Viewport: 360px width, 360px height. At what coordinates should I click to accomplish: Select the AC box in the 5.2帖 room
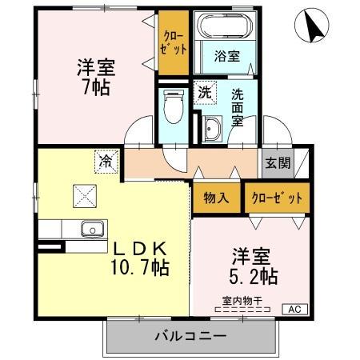(293, 309)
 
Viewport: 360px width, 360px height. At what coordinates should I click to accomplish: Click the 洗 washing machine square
(205, 92)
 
